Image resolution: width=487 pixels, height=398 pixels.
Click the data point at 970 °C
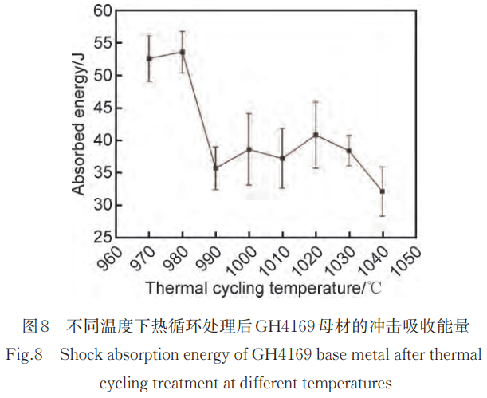click(x=149, y=58)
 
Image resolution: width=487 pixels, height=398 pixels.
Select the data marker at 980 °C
click(x=183, y=52)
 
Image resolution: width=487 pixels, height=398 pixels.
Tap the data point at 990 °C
click(x=216, y=167)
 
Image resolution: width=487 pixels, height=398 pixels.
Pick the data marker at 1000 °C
click(x=249, y=149)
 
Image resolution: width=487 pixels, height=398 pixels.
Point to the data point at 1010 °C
click(x=282, y=158)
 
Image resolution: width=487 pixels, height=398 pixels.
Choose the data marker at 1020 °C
click(x=316, y=135)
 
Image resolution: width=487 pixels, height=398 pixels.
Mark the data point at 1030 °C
click(x=349, y=151)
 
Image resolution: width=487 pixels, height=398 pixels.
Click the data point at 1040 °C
click(x=383, y=191)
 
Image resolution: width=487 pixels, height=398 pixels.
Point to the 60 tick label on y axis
click(x=101, y=11)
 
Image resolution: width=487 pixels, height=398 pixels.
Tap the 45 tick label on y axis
click(x=101, y=108)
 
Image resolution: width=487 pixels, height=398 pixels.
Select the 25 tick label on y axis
click(x=101, y=238)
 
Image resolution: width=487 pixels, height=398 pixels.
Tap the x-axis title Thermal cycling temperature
click(x=253, y=286)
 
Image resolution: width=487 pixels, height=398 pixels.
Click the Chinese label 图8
click(x=37, y=326)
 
